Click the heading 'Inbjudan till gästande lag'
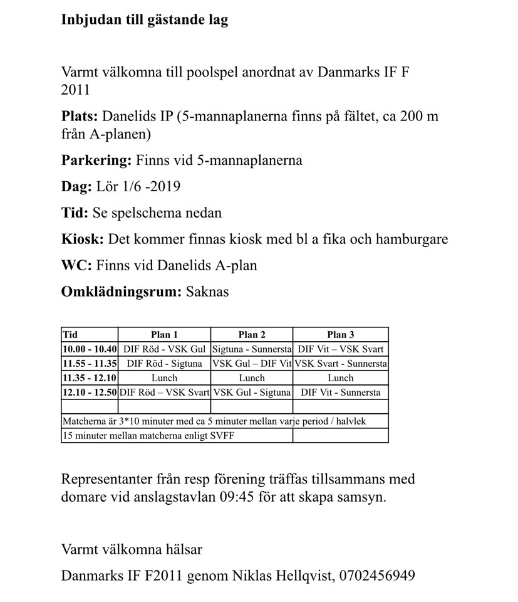click(145, 20)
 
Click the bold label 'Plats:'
click(80, 117)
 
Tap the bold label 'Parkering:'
click(96, 161)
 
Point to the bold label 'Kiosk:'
click(83, 240)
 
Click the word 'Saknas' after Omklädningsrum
click(207, 292)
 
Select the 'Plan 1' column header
click(164, 335)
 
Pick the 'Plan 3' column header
click(340, 335)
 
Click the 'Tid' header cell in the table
click(70, 335)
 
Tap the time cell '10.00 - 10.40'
click(90, 349)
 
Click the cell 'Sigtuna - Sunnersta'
click(252, 349)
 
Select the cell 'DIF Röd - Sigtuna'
click(164, 364)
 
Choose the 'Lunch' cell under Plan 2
click(252, 378)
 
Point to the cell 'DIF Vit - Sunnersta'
click(340, 393)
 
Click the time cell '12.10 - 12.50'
click(90, 393)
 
